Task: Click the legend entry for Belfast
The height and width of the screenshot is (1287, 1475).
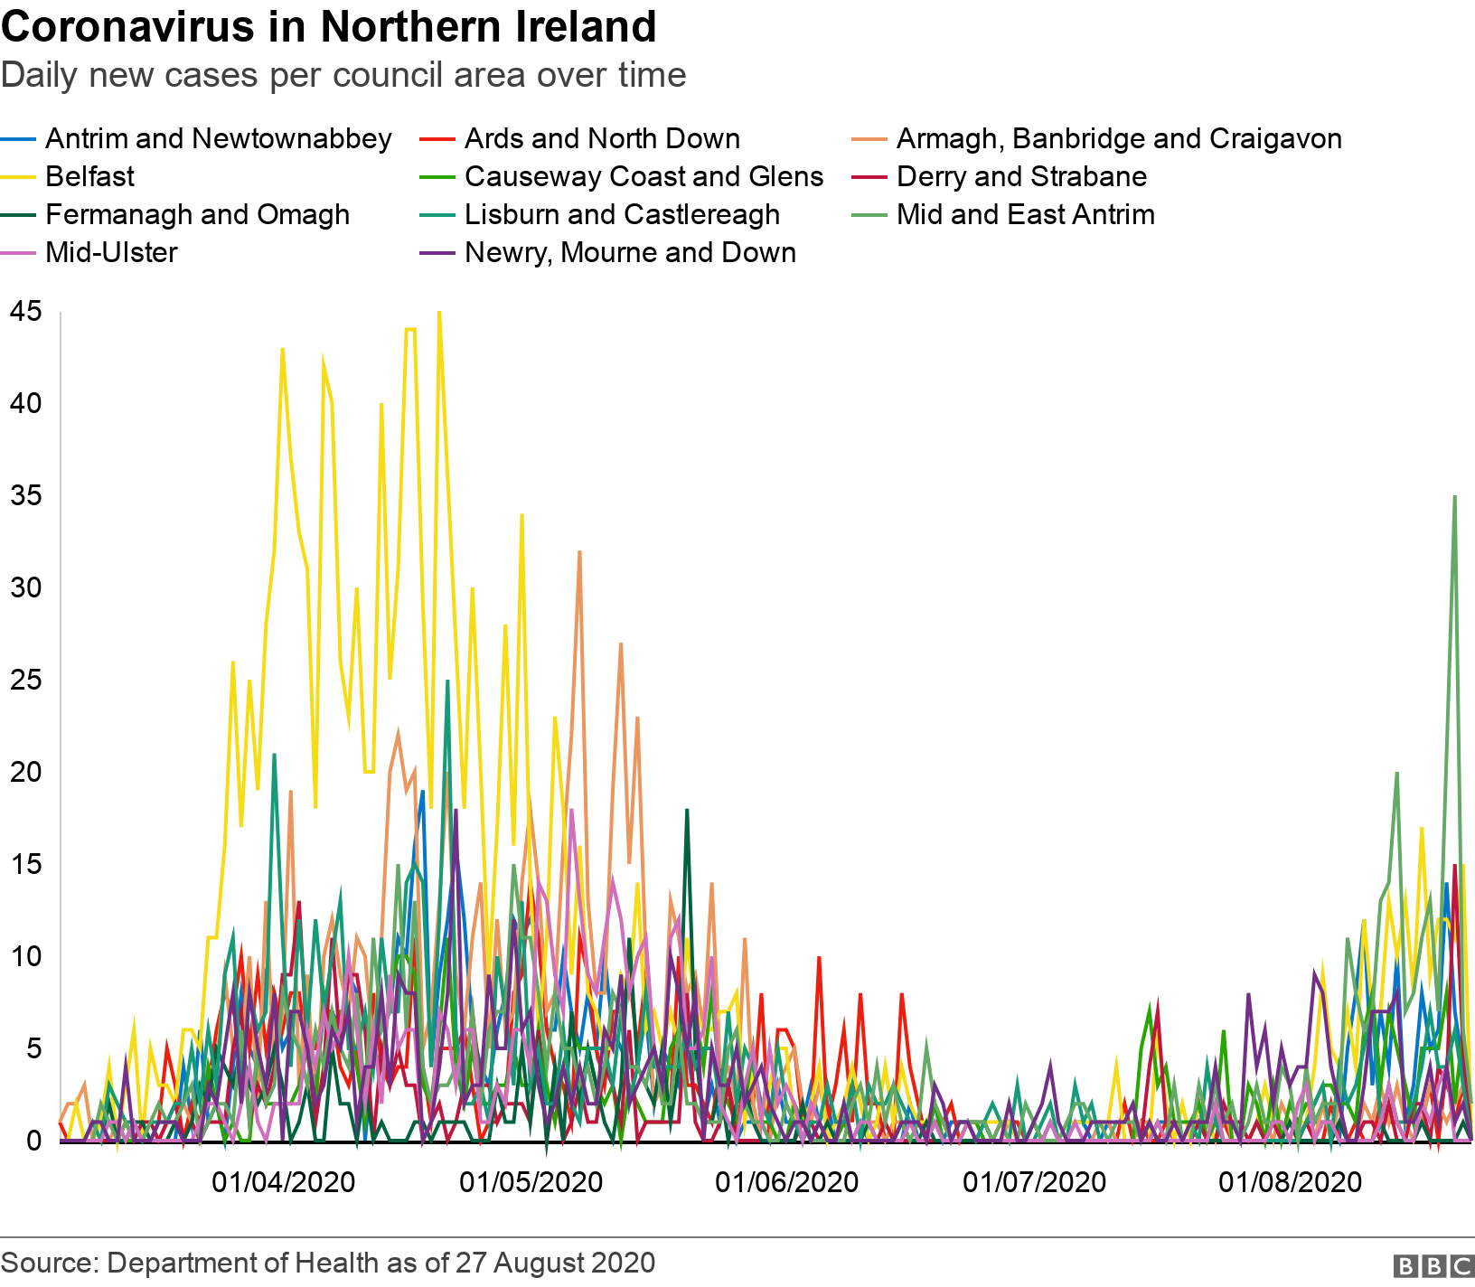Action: point(89,176)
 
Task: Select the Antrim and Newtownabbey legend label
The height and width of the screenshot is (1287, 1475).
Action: point(218,138)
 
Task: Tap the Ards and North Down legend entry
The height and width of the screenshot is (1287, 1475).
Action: point(602,138)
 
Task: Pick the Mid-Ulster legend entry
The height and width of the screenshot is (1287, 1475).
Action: point(111,252)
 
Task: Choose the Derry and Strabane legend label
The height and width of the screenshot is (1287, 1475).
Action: point(1021,176)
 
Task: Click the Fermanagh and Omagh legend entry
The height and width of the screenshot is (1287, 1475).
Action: point(197,214)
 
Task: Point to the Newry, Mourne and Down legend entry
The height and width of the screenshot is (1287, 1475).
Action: point(630,252)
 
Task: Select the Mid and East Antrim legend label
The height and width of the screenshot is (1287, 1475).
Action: point(1026,214)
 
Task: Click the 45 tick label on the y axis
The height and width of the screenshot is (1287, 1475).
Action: point(25,312)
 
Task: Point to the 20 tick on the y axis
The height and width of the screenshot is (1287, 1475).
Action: point(25,772)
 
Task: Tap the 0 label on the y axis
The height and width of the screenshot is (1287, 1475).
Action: point(34,1141)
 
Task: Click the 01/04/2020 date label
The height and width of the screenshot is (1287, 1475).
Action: point(284,1182)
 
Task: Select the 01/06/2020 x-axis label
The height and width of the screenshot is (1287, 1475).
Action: point(787,1182)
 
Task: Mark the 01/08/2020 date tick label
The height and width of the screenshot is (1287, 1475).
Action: point(1290,1182)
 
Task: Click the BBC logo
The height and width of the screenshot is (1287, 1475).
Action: point(1433,1266)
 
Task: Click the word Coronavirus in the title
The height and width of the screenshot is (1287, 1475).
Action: point(127,27)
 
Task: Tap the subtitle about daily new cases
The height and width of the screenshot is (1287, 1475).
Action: point(343,75)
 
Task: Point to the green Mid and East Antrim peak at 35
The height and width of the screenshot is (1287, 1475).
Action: point(1454,496)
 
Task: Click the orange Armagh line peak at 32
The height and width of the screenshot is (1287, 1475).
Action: point(579,551)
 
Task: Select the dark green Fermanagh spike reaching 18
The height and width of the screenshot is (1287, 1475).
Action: point(687,810)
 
